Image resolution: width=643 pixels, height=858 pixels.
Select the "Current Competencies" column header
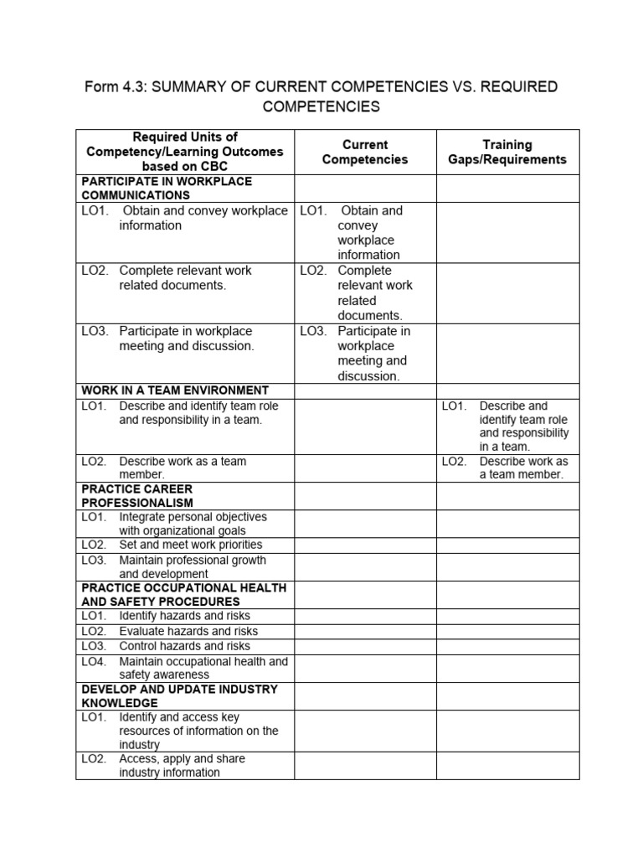(364, 152)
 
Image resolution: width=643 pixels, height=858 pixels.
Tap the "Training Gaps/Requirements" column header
(507, 152)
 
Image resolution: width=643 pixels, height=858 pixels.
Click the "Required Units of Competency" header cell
(185, 152)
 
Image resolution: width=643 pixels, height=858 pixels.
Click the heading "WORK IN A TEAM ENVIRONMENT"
(174, 390)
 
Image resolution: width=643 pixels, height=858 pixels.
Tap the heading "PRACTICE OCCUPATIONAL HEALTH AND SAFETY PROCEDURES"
(183, 594)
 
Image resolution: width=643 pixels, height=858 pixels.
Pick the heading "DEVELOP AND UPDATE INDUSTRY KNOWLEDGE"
(179, 695)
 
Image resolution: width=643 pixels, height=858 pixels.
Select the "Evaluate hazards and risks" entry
(177, 631)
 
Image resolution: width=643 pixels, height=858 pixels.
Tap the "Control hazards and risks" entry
(173, 646)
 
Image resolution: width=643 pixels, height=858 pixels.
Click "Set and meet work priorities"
(179, 545)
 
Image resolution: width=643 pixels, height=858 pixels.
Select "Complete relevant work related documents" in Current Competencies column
(374, 293)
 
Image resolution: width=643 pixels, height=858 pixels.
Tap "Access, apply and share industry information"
(181, 765)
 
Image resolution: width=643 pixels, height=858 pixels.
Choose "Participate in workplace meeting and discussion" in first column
(185, 338)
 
